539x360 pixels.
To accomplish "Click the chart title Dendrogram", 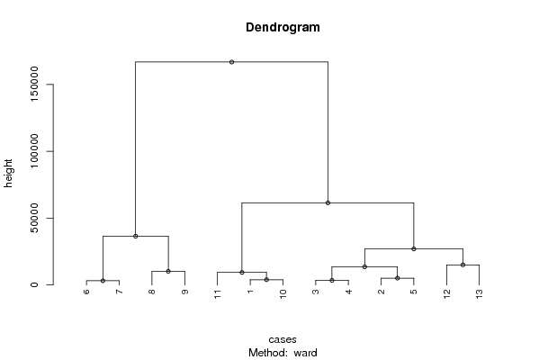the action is tap(283, 27).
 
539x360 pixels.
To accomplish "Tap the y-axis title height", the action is tap(8, 174).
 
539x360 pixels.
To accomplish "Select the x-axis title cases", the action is tap(283, 339).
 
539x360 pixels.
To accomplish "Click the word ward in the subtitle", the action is tap(305, 353).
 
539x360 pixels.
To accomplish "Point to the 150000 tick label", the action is tap(34, 85).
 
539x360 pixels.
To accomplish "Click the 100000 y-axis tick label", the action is tap(34, 151).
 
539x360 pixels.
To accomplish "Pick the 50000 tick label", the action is tap(34, 218).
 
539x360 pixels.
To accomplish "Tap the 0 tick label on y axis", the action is tap(34, 284).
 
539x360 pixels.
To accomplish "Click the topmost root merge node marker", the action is tap(231, 62).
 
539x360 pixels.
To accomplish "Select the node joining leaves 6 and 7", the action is tap(103, 281).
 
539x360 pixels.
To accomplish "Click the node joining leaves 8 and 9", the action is tap(168, 271).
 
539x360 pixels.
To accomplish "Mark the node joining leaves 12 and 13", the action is tap(463, 265).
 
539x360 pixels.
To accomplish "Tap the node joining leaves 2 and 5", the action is tap(398, 278).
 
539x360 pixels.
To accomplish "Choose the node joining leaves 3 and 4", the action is tap(332, 280).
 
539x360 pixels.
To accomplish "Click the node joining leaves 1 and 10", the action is tap(266, 280).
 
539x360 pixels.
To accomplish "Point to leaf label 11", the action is tap(217, 294).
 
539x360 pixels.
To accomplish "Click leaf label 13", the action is tap(480, 294).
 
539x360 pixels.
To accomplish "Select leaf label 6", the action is tap(86, 292).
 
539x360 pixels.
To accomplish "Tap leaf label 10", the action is tap(283, 294).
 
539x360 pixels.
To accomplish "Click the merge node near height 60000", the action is tap(328, 202).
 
